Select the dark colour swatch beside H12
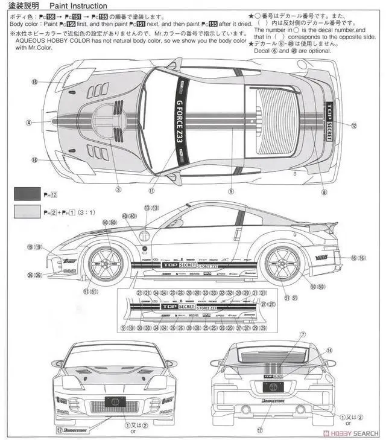(27, 194)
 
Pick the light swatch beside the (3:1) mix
(27, 212)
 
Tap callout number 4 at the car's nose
(28, 123)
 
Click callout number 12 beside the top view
(354, 126)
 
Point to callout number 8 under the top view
(324, 193)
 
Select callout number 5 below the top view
(230, 192)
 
